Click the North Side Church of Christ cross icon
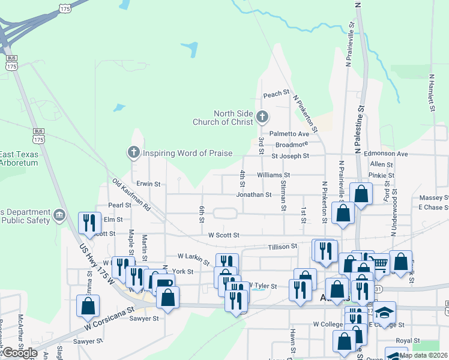coord(261,116)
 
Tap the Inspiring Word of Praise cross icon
coord(134,153)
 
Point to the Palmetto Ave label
coord(289,134)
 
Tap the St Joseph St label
coord(290,156)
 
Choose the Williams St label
coord(273,175)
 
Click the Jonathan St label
coord(254,194)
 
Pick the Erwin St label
coord(148,184)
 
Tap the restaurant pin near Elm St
coord(89,223)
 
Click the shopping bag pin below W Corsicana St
coord(88,305)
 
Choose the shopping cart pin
coord(379,262)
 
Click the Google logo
coord(20,353)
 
